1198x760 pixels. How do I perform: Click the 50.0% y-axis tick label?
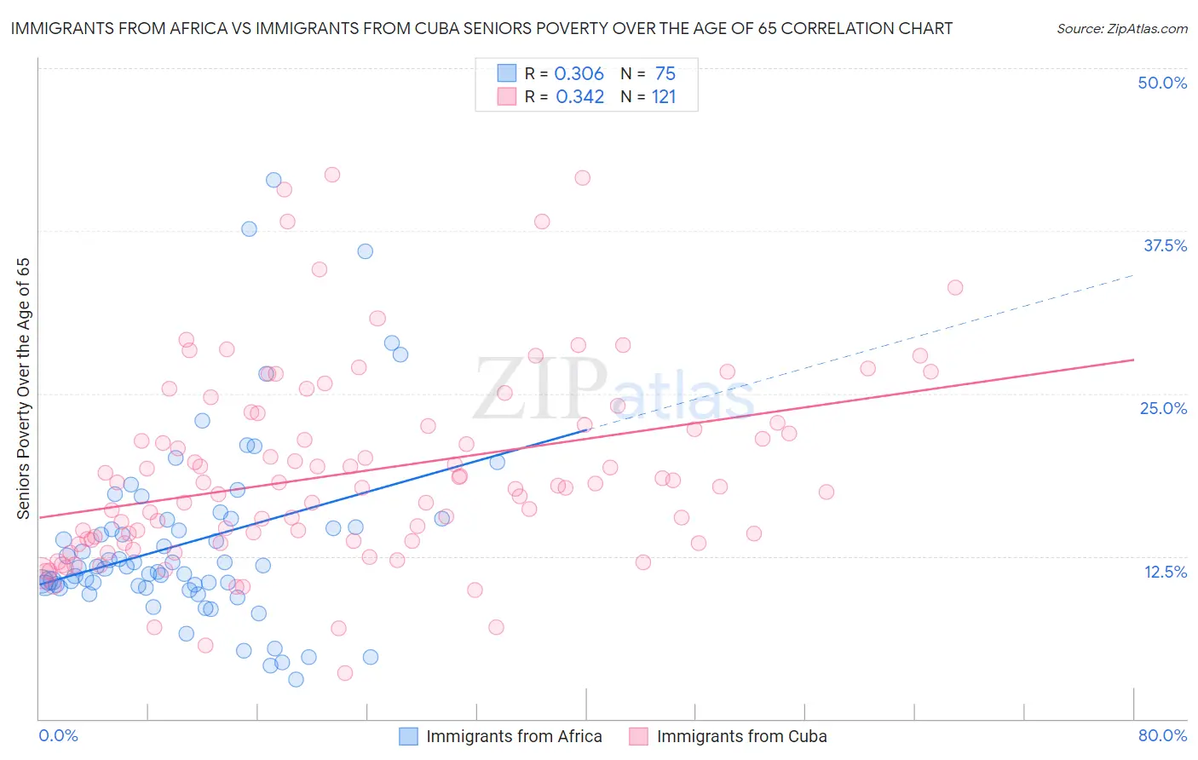coord(1162,83)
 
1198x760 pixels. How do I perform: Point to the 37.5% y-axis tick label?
coord(1165,245)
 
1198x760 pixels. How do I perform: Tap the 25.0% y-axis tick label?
coord(1163,408)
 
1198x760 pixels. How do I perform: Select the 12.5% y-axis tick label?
coord(1165,572)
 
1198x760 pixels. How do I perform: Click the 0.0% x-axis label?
coord(58,735)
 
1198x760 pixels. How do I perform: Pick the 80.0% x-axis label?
coord(1162,735)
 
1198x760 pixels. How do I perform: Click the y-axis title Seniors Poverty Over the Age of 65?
coord(23,388)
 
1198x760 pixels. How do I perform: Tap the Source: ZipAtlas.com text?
coord(1121,28)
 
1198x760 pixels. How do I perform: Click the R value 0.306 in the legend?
coord(579,73)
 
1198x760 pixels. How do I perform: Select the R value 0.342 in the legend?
coord(579,96)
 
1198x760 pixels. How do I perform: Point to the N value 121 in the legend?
coord(664,96)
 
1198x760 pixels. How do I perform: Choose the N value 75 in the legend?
coord(665,73)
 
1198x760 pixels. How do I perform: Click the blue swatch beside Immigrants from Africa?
coord(409,736)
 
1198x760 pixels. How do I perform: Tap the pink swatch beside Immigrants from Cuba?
coord(639,736)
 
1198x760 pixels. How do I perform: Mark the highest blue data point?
coord(274,180)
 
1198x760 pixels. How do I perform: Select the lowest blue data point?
coord(296,679)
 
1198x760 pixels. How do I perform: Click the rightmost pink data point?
coord(955,288)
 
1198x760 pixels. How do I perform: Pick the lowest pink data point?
coord(345,673)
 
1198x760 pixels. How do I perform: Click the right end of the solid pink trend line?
coord(1133,360)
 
